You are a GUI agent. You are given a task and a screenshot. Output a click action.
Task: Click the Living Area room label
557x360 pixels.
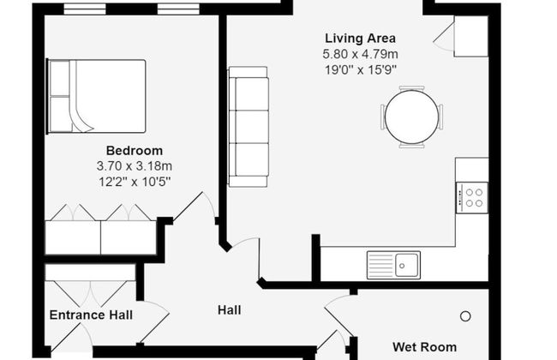[360, 39]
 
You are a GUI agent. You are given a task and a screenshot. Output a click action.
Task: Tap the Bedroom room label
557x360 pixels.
[134, 151]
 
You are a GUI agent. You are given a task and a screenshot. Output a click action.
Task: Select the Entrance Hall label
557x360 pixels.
[91, 315]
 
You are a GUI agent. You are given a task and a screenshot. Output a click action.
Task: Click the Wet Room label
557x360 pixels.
[424, 347]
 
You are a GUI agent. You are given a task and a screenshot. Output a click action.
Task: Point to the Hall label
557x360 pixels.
[229, 309]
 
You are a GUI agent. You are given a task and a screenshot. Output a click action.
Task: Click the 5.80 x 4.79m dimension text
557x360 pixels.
[360, 53]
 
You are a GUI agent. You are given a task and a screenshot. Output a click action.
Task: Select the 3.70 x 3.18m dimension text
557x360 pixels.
[135, 165]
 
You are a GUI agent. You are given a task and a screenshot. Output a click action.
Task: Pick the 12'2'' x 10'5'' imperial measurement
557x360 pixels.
[135, 181]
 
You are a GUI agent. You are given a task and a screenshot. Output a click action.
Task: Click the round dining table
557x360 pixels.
[411, 117]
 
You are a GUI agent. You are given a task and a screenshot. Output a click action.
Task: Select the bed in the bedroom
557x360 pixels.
[96, 95]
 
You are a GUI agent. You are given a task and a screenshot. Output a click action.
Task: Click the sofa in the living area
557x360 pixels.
[248, 127]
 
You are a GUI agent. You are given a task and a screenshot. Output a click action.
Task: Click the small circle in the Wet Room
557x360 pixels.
[465, 316]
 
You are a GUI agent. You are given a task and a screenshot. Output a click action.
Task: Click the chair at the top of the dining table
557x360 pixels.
[411, 87]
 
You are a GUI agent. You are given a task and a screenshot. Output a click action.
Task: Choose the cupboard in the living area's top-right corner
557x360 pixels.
[470, 36]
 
